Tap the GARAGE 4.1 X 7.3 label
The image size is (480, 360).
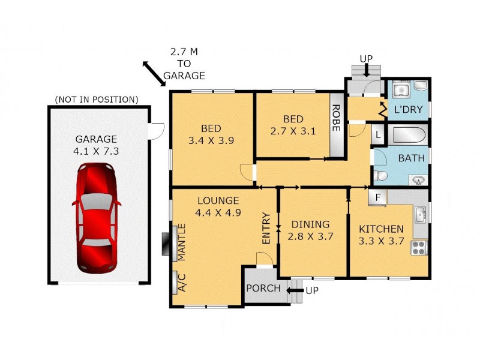97,145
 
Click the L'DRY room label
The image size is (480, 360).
409,110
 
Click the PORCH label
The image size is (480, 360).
263,289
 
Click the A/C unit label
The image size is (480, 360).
181,283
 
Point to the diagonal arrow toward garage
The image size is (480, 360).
155,73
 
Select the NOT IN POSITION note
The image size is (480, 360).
97,99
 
